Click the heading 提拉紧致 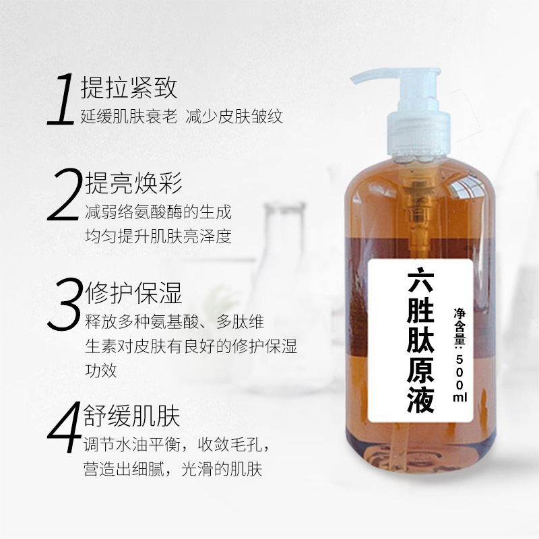[128, 87]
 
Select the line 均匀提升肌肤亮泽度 [158, 237]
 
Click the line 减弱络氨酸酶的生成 [158, 213]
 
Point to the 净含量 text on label [460, 323]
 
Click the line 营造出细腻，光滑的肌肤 [172, 470]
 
